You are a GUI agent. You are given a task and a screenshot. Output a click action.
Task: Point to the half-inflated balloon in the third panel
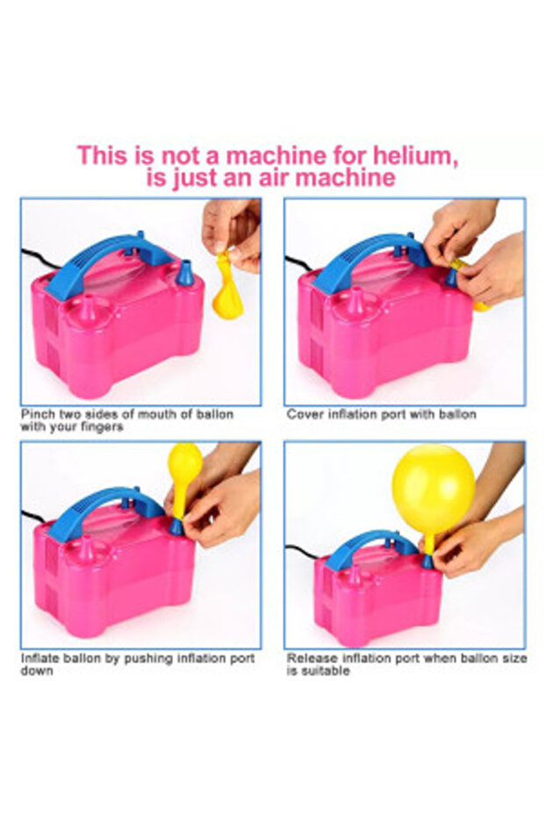pos(184,475)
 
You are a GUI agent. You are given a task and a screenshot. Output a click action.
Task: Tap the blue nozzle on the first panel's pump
pos(185,276)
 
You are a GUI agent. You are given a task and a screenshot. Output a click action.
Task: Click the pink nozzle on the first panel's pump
pos(87,307)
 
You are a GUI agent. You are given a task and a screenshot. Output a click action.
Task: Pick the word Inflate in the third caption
pos(40,658)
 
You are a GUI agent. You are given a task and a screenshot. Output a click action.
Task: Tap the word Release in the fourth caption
pos(310,658)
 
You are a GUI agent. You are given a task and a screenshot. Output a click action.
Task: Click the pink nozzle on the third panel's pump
pos(85,548)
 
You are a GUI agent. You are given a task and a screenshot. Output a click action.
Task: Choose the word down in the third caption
pos(37,671)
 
